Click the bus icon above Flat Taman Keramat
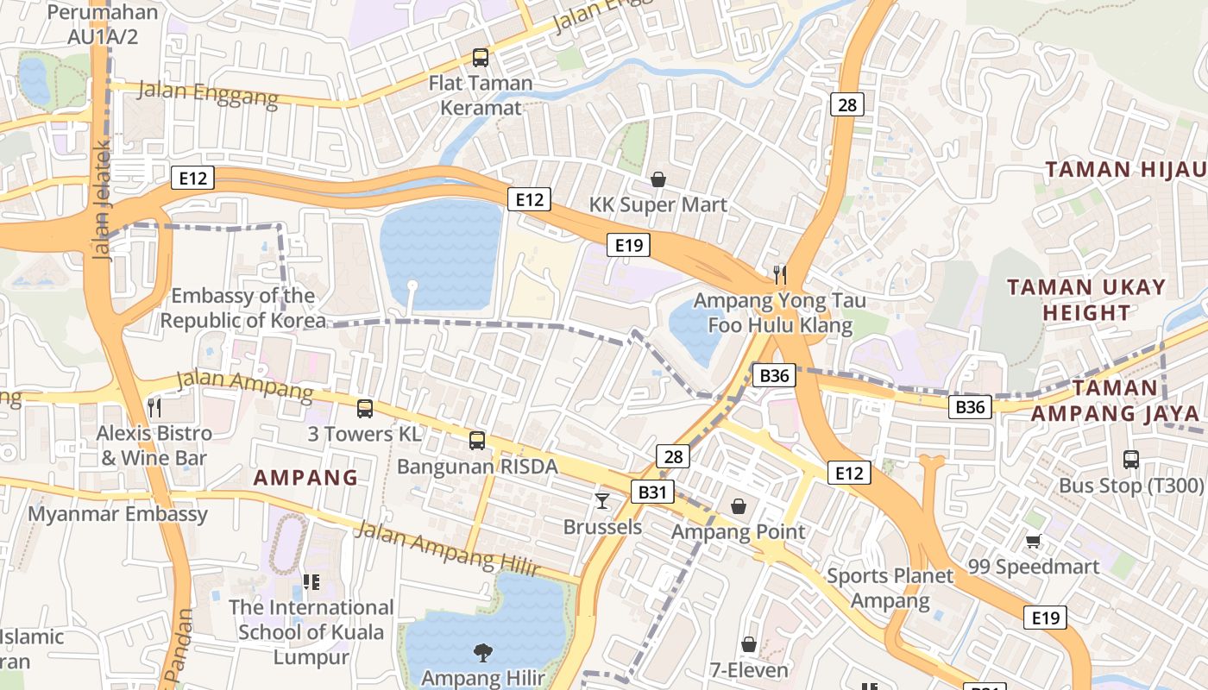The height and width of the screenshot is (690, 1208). (481, 58)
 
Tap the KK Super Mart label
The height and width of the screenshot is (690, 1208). (658, 205)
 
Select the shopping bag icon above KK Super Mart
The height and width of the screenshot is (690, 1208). (658, 179)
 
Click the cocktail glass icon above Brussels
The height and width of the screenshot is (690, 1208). (602, 500)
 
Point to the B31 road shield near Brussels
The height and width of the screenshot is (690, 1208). (651, 492)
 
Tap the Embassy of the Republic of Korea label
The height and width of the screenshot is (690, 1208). (243, 309)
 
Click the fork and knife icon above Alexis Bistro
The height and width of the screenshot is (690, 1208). (154, 407)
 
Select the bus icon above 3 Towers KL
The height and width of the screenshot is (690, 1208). (365, 409)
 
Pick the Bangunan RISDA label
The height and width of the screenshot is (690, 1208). (477, 467)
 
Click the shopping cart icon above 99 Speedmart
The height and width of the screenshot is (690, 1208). (1033, 541)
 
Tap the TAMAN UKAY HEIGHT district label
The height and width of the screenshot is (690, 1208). (1086, 299)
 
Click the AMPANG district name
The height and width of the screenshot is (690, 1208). (305, 478)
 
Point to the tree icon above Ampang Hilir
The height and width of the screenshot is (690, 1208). (483, 653)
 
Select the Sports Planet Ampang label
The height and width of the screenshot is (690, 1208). (890, 588)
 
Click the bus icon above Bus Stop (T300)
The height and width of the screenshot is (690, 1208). (1131, 460)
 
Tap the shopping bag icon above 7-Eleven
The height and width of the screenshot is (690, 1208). (749, 644)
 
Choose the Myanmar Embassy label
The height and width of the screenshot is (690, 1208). (118, 515)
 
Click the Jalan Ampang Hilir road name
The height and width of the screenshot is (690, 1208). (447, 549)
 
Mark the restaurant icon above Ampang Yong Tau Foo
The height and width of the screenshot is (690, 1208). (780, 275)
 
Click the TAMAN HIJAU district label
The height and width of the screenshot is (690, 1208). (1124, 169)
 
